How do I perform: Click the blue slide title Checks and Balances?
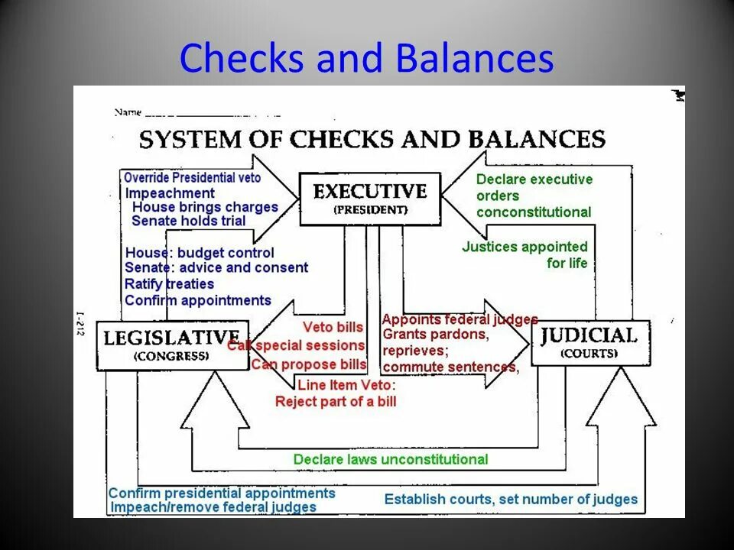pos(366,59)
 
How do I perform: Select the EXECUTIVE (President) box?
pos(369,199)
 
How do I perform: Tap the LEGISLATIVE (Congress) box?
pos(172,345)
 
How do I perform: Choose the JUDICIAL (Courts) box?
pos(589,342)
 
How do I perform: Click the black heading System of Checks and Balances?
pos(372,139)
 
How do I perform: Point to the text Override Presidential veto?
pos(192,178)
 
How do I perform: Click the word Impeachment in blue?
pos(170,193)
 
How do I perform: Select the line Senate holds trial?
pos(188,221)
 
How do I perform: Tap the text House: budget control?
pos(200,252)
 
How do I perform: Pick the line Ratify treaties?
pos(169,284)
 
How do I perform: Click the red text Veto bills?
pos(333,327)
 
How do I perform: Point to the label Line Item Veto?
pos(346,385)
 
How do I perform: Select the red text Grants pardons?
pos(434,335)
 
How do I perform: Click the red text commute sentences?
pos(450,367)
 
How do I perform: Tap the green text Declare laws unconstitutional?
pos(390,459)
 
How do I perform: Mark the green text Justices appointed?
pos(525,247)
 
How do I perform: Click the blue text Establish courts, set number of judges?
pos(511,500)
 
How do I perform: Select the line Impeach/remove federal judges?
pos(213,506)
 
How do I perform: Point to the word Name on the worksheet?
pos(128,112)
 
